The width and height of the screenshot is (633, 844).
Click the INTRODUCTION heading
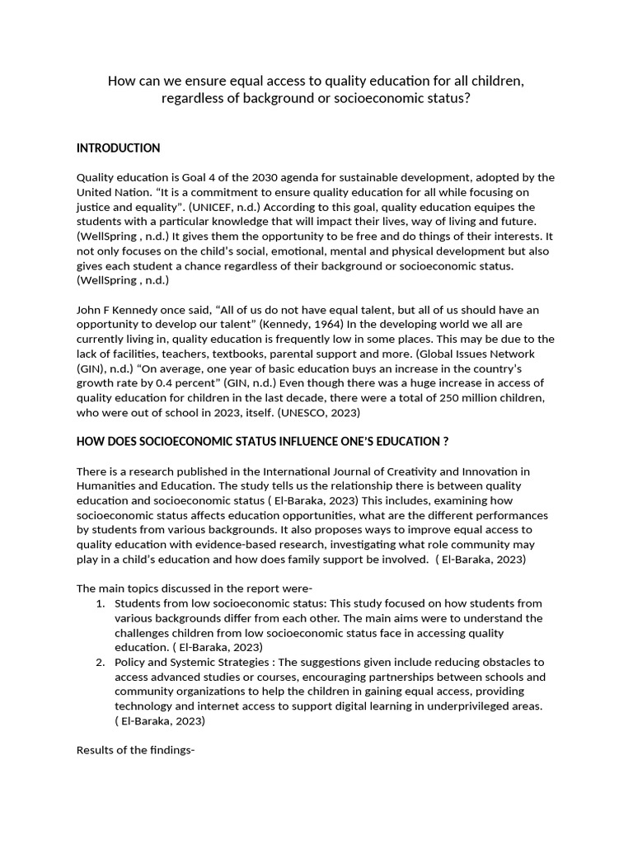click(118, 148)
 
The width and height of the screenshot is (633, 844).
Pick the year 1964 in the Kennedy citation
click(299, 325)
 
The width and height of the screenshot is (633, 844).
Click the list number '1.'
click(100, 604)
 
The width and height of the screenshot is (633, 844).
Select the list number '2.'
click(100, 663)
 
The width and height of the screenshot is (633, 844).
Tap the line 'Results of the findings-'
click(135, 751)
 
